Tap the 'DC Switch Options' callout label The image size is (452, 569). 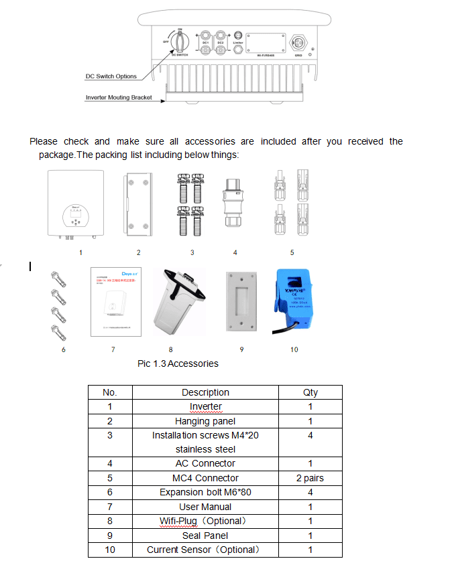pos(111,76)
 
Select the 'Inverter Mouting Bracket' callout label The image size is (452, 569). pos(119,97)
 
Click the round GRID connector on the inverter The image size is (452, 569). pos(298,41)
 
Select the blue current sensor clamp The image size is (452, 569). pos(294,299)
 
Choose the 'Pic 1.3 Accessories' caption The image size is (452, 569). pos(178,363)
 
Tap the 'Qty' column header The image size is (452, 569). pos(310,392)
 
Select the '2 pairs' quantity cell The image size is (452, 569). pos(310,478)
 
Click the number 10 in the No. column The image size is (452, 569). pos(110,550)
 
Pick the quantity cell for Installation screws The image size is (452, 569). pos(310,435)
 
